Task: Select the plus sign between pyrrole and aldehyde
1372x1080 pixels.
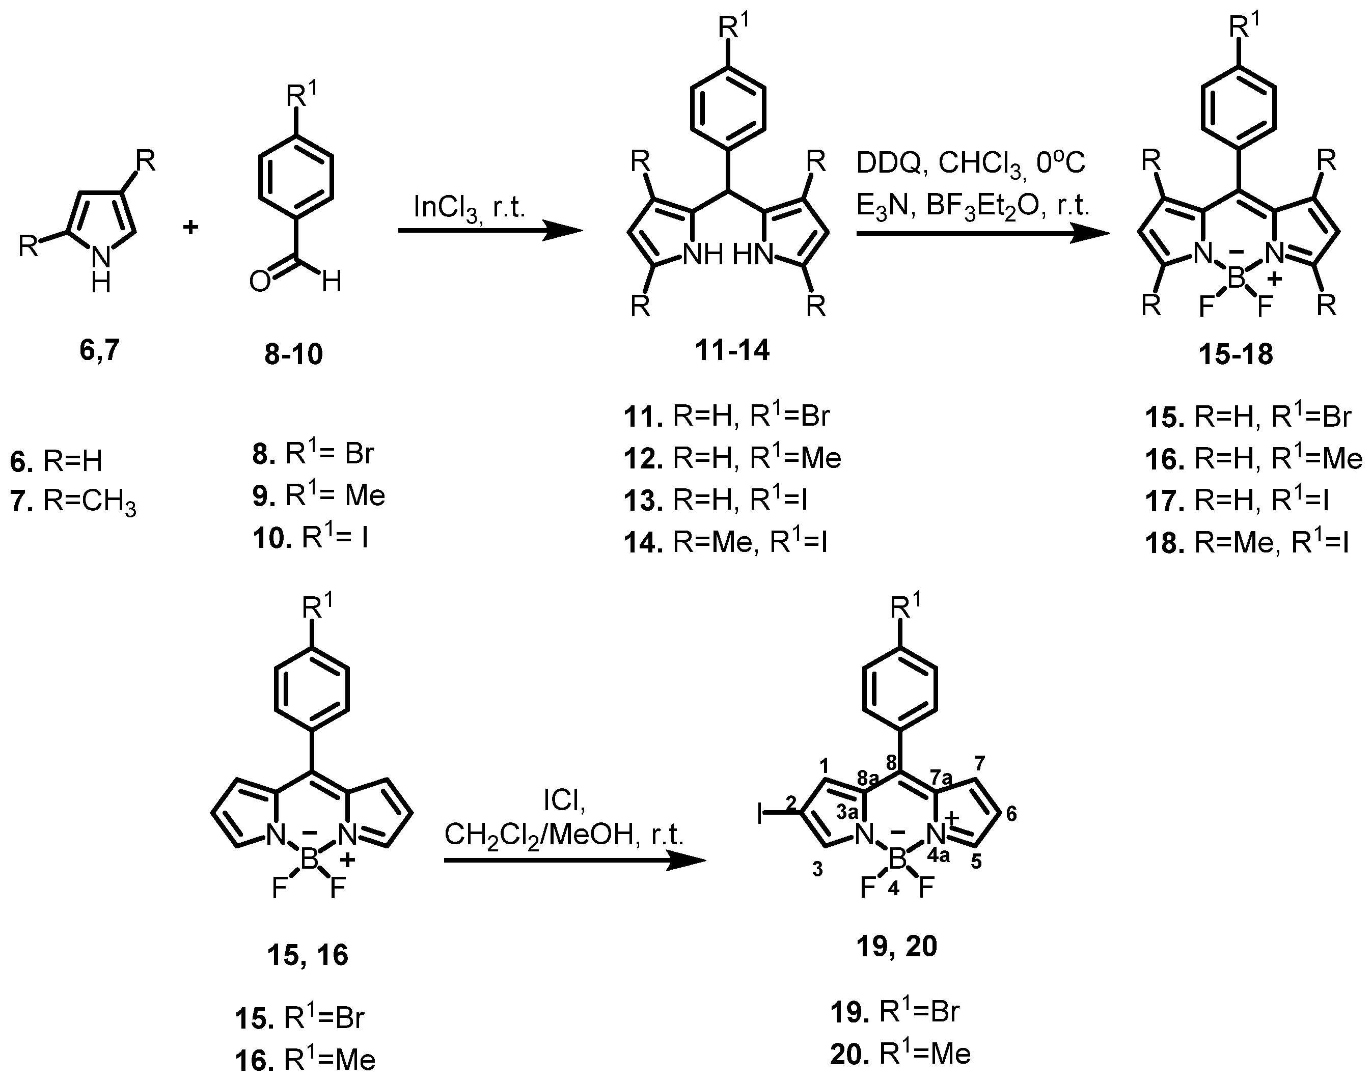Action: [190, 227]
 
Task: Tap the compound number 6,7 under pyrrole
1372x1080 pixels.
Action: [99, 350]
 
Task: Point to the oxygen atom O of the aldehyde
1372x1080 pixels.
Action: [260, 282]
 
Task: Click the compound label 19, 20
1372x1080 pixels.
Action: [896, 947]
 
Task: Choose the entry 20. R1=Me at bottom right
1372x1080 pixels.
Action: [900, 1054]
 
